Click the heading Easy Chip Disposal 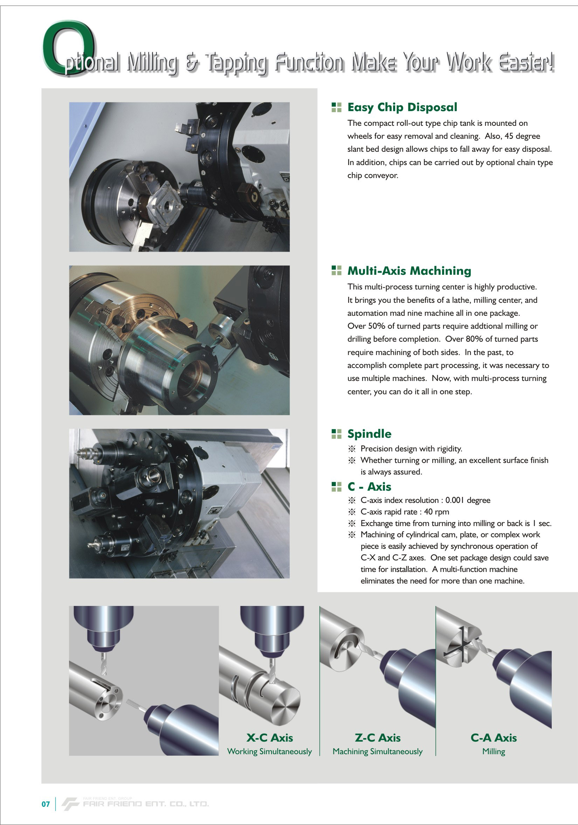click(x=402, y=108)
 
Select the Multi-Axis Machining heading click(x=409, y=271)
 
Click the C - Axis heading click(x=369, y=486)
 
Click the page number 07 click(x=46, y=804)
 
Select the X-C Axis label click(x=269, y=738)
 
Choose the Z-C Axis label click(x=378, y=738)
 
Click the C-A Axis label click(x=494, y=738)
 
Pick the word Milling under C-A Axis click(x=494, y=752)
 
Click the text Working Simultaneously click(x=269, y=752)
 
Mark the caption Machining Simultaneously click(x=378, y=752)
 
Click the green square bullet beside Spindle click(x=337, y=434)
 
